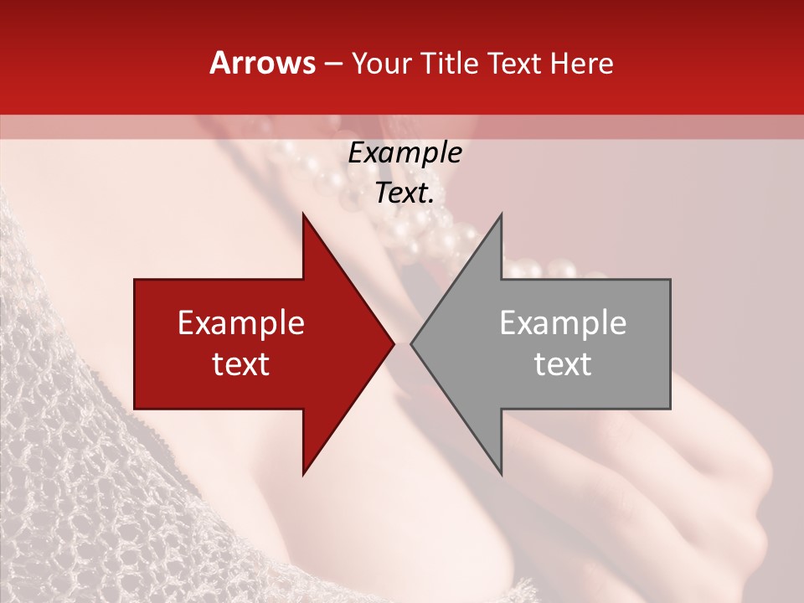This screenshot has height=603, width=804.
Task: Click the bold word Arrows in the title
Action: pyautogui.click(x=263, y=64)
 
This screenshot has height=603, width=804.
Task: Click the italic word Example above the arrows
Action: pyautogui.click(x=405, y=153)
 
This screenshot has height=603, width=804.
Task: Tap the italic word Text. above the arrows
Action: pyautogui.click(x=405, y=193)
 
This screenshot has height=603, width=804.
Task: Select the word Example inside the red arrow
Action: pyautogui.click(x=241, y=323)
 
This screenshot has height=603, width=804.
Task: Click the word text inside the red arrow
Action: pyautogui.click(x=241, y=363)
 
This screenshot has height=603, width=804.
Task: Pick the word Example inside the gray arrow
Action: pyautogui.click(x=563, y=323)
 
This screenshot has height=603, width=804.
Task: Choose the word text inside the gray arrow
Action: pyautogui.click(x=563, y=363)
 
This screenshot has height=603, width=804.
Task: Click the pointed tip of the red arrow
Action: pyautogui.click(x=394, y=343)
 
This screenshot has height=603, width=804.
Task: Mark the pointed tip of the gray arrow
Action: pyautogui.click(x=410, y=343)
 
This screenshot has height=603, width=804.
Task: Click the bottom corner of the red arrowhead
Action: pyautogui.click(x=303, y=475)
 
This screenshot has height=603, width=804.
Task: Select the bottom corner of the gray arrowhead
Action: pyautogui.click(x=502, y=475)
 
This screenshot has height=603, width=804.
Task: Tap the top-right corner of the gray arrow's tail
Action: pyautogui.click(x=670, y=280)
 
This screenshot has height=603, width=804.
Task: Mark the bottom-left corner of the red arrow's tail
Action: pyautogui.click(x=135, y=409)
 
